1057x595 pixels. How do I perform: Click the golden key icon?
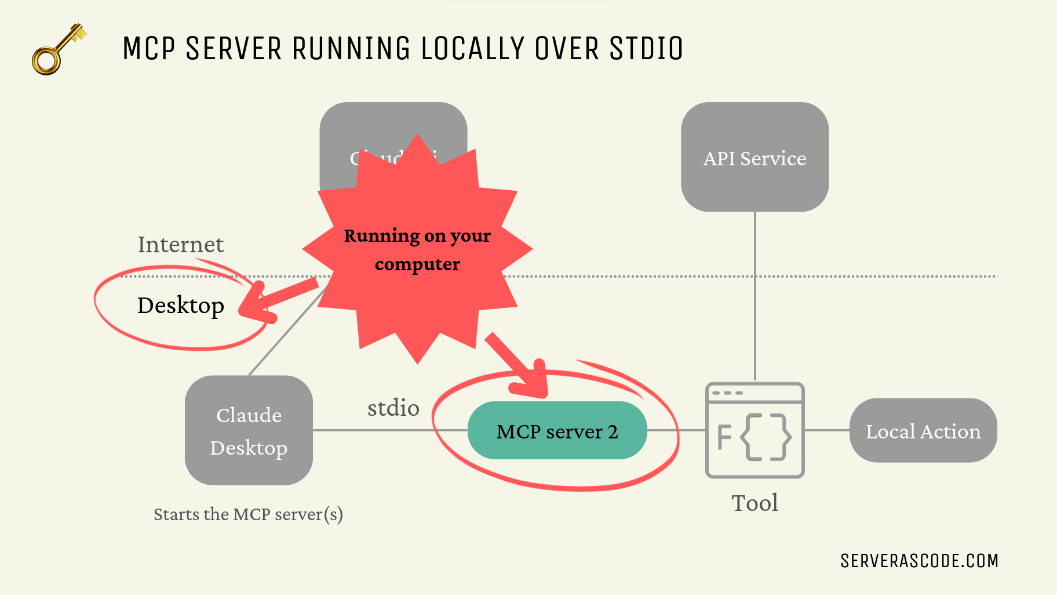coord(56,50)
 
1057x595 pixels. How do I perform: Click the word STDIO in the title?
coord(646,49)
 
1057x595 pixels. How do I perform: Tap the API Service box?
coord(755,158)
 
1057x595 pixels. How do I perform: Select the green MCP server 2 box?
coord(557,431)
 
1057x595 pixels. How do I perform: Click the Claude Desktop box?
coord(249,431)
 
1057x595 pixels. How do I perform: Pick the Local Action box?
coord(923,431)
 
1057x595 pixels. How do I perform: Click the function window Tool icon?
coord(755,430)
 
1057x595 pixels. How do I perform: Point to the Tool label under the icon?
coord(755,503)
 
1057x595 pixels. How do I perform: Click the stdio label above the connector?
coord(393,408)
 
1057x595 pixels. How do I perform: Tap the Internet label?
coord(181,245)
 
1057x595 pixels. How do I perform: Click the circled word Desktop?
coord(181,306)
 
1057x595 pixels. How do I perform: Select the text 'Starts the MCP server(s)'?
coord(248,514)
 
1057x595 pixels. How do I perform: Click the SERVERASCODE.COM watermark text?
coord(919,561)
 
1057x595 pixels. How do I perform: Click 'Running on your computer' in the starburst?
coord(417,249)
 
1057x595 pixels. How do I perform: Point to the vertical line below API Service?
coord(755,296)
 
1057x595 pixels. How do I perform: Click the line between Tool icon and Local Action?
coord(827,430)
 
